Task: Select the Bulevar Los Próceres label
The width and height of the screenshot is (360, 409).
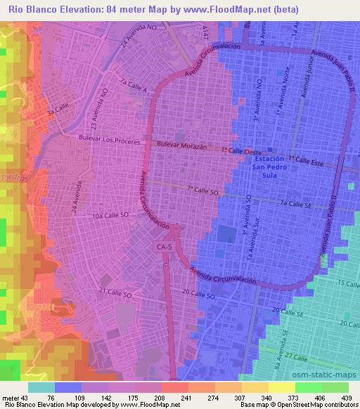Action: click(x=110, y=140)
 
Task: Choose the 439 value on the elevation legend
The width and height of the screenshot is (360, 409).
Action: click(x=347, y=398)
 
